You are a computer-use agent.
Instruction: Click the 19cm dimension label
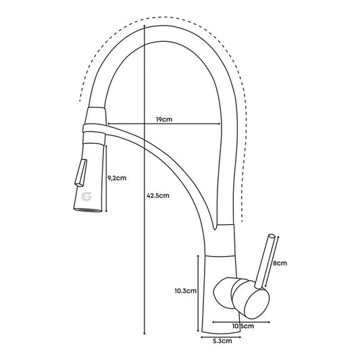pos(164,120)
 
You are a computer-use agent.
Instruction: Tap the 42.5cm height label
pos(158,195)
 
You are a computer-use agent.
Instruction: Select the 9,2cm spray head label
pos(117,178)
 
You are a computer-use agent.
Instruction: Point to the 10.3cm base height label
pos(186,290)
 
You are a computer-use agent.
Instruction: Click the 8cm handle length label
pos(280,263)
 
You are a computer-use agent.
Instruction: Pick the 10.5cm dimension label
pos(243,326)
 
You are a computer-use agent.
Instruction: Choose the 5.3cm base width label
pos(222,341)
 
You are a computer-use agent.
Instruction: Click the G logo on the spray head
pos(86,197)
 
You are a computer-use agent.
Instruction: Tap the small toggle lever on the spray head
pos(80,172)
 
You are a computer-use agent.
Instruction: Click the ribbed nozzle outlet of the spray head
pos(88,209)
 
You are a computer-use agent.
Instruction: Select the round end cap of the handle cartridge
pos(257,304)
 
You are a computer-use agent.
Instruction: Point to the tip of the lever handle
pos(272,236)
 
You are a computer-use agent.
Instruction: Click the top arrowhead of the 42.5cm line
pos(144,26)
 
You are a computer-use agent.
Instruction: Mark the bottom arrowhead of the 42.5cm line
pos(144,333)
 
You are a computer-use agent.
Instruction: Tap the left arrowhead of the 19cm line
pos(109,124)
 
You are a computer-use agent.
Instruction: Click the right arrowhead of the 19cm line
pos(220,124)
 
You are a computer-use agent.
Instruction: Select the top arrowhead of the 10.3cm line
pos(198,256)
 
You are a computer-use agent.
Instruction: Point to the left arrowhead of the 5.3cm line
pos(202,337)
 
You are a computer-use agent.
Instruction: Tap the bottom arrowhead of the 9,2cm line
pos(106,210)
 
